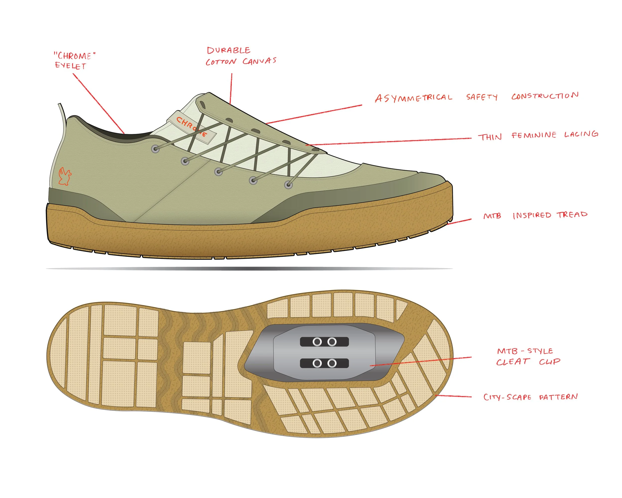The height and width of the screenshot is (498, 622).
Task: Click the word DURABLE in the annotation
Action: tap(228, 51)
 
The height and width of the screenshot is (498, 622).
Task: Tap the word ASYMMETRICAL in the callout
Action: tap(414, 98)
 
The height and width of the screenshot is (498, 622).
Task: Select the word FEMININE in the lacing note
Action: tap(534, 135)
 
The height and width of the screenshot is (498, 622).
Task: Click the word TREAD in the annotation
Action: tap(572, 214)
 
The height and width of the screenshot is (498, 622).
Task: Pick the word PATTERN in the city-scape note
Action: tap(558, 397)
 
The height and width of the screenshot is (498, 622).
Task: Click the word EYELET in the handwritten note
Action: tap(70, 66)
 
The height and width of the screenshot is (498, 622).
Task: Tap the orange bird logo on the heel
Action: tap(65, 176)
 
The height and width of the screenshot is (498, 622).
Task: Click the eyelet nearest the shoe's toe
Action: tap(288, 185)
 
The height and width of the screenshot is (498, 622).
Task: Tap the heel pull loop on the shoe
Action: tap(62, 113)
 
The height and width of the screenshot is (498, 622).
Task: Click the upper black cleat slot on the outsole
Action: tap(324, 342)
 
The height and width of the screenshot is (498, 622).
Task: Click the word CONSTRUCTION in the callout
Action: tap(545, 96)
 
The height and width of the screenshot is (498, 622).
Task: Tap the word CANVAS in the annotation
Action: tap(259, 61)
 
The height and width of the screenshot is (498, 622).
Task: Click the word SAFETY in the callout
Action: tap(482, 97)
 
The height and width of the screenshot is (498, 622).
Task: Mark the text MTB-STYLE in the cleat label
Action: tap(525, 351)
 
